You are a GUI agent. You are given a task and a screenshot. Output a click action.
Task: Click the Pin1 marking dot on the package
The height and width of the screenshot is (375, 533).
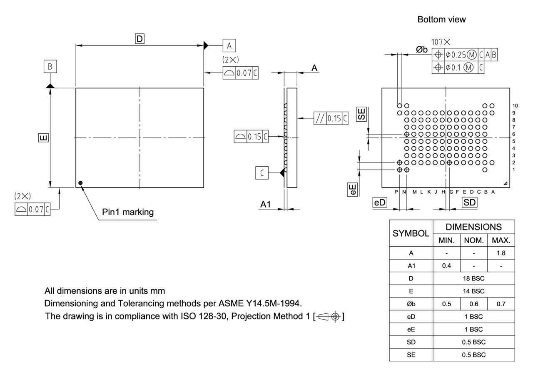pos(80,182)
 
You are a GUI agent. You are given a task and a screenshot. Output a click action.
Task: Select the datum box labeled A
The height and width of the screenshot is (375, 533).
pos(229,45)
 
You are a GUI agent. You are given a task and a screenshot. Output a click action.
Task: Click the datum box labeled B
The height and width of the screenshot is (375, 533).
pos(50,67)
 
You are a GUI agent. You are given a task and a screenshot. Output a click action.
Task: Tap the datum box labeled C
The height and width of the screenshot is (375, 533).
pos(262,172)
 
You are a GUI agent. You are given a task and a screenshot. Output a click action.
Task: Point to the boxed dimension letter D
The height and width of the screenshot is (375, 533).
pos(139,39)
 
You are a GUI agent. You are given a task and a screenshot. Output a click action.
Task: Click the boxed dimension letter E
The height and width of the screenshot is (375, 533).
pos(43,137)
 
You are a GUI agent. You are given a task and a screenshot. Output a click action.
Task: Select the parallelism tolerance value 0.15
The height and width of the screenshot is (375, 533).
pos(334,118)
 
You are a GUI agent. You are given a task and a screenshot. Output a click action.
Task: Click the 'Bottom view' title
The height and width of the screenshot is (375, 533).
pos(441,20)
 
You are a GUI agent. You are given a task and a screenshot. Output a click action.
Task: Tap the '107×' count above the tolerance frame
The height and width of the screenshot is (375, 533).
pos(441,42)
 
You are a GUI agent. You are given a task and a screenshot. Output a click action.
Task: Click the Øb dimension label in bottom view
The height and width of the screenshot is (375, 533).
pos(421,50)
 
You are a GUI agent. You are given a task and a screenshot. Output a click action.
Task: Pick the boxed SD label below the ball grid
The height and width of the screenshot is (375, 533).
pos(469,202)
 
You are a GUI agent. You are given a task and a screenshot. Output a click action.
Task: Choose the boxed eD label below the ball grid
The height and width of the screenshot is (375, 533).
pos(380,202)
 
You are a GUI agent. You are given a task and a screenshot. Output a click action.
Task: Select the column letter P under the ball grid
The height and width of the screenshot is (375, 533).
pos(396,192)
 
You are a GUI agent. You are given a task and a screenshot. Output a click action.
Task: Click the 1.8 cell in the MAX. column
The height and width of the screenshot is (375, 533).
pos(501,253)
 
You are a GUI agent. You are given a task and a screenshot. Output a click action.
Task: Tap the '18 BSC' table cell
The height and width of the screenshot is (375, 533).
pos(473,278)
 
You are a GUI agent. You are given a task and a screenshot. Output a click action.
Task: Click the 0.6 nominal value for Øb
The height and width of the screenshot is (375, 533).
pos(473,304)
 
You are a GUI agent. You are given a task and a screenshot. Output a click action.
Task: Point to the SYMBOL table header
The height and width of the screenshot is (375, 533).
pos(411,233)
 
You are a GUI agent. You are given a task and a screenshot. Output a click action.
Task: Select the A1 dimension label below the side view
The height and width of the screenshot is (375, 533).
pos(266,204)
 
